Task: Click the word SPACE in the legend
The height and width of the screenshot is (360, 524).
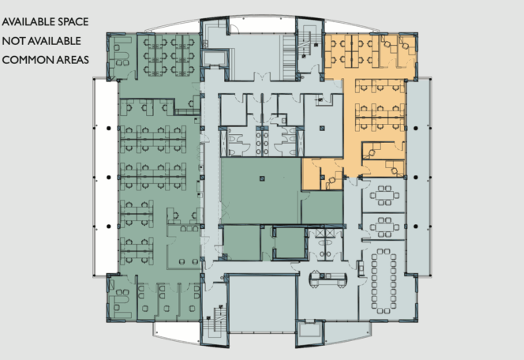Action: [x=73, y=22]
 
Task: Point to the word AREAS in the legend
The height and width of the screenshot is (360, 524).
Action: [x=73, y=60]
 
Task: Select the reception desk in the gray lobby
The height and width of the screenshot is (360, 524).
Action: [x=328, y=279]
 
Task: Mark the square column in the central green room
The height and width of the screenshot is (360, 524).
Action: [x=262, y=178]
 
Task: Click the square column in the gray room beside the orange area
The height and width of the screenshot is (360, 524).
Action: [x=322, y=128]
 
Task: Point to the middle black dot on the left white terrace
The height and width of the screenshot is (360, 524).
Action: [x=109, y=177]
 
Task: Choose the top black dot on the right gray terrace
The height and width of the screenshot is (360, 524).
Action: [x=416, y=128]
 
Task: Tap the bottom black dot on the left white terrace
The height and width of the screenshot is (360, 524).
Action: [x=109, y=227]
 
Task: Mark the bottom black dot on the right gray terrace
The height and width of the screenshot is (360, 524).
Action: [x=416, y=227]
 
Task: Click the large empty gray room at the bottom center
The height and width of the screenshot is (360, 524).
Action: [x=262, y=303]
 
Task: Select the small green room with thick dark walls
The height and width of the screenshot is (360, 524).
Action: [x=290, y=243]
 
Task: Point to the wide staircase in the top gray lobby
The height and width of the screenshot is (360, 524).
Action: [x=289, y=57]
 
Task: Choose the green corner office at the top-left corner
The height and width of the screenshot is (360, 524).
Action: [x=121, y=56]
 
